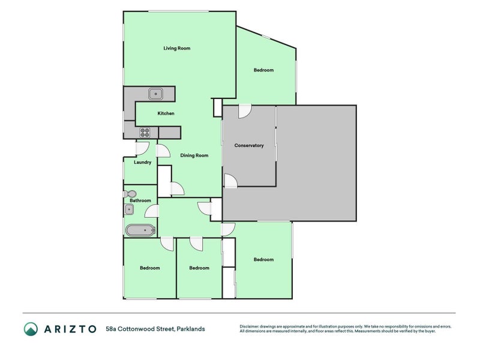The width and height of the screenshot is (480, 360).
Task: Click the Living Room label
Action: click(x=177, y=48)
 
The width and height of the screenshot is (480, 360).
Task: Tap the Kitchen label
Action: click(x=166, y=113)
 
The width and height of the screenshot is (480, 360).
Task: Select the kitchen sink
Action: click(x=156, y=94)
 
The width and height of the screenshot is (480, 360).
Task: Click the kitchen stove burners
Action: click(x=145, y=133)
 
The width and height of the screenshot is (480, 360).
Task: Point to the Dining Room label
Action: click(x=194, y=155)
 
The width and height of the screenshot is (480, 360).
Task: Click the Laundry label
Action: click(x=142, y=162)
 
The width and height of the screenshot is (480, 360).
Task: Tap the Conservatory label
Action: click(x=249, y=145)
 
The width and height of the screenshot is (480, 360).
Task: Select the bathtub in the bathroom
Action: click(x=140, y=230)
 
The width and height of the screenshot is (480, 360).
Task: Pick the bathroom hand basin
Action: click(x=129, y=209)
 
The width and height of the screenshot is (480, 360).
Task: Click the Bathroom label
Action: click(x=140, y=200)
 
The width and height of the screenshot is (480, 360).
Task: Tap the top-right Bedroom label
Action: click(x=263, y=70)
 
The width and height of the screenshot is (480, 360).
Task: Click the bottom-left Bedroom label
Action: click(x=150, y=268)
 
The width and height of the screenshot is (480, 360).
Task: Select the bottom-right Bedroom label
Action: click(x=263, y=260)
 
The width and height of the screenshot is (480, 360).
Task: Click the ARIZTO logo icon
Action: click(x=31, y=329)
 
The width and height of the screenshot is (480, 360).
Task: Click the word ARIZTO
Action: click(x=70, y=329)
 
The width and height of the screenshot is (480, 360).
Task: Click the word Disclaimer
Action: click(x=251, y=326)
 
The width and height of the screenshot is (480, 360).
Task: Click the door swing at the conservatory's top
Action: click(x=245, y=111)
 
